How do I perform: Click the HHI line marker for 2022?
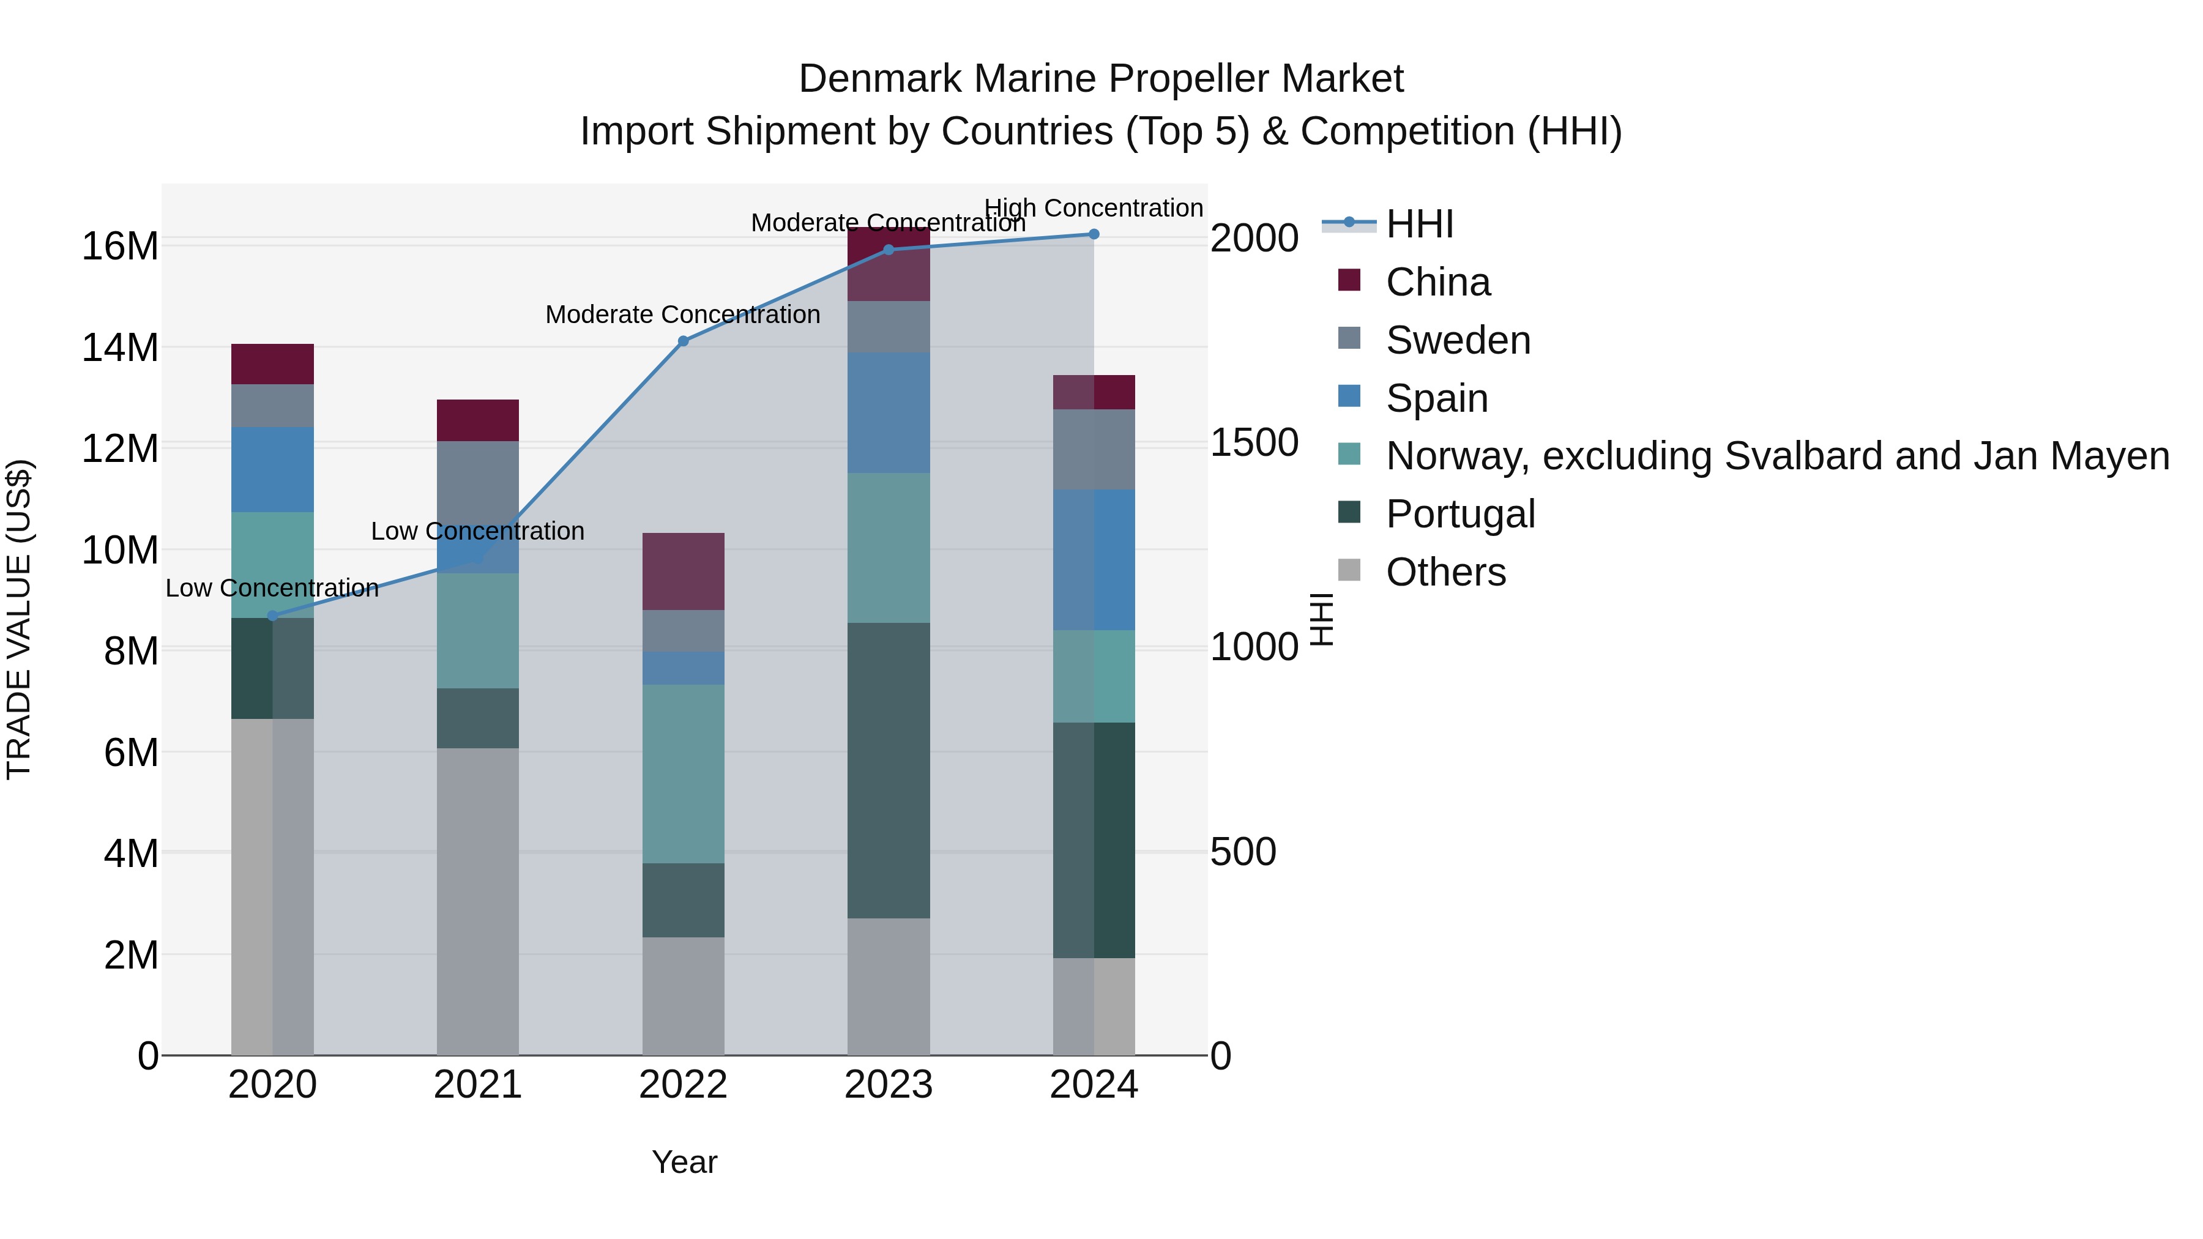682,341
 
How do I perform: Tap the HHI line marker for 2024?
1093,234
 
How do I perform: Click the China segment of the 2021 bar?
477,420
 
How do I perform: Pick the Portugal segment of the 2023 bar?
888,770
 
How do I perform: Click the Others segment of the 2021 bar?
477,901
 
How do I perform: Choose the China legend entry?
1437,282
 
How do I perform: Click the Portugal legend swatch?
1349,513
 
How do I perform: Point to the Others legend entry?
1445,572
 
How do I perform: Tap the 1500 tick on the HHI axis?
1254,443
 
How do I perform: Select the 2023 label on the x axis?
888,1085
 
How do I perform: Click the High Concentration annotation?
1093,208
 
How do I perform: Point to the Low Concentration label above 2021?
477,531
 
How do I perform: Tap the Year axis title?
684,1162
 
